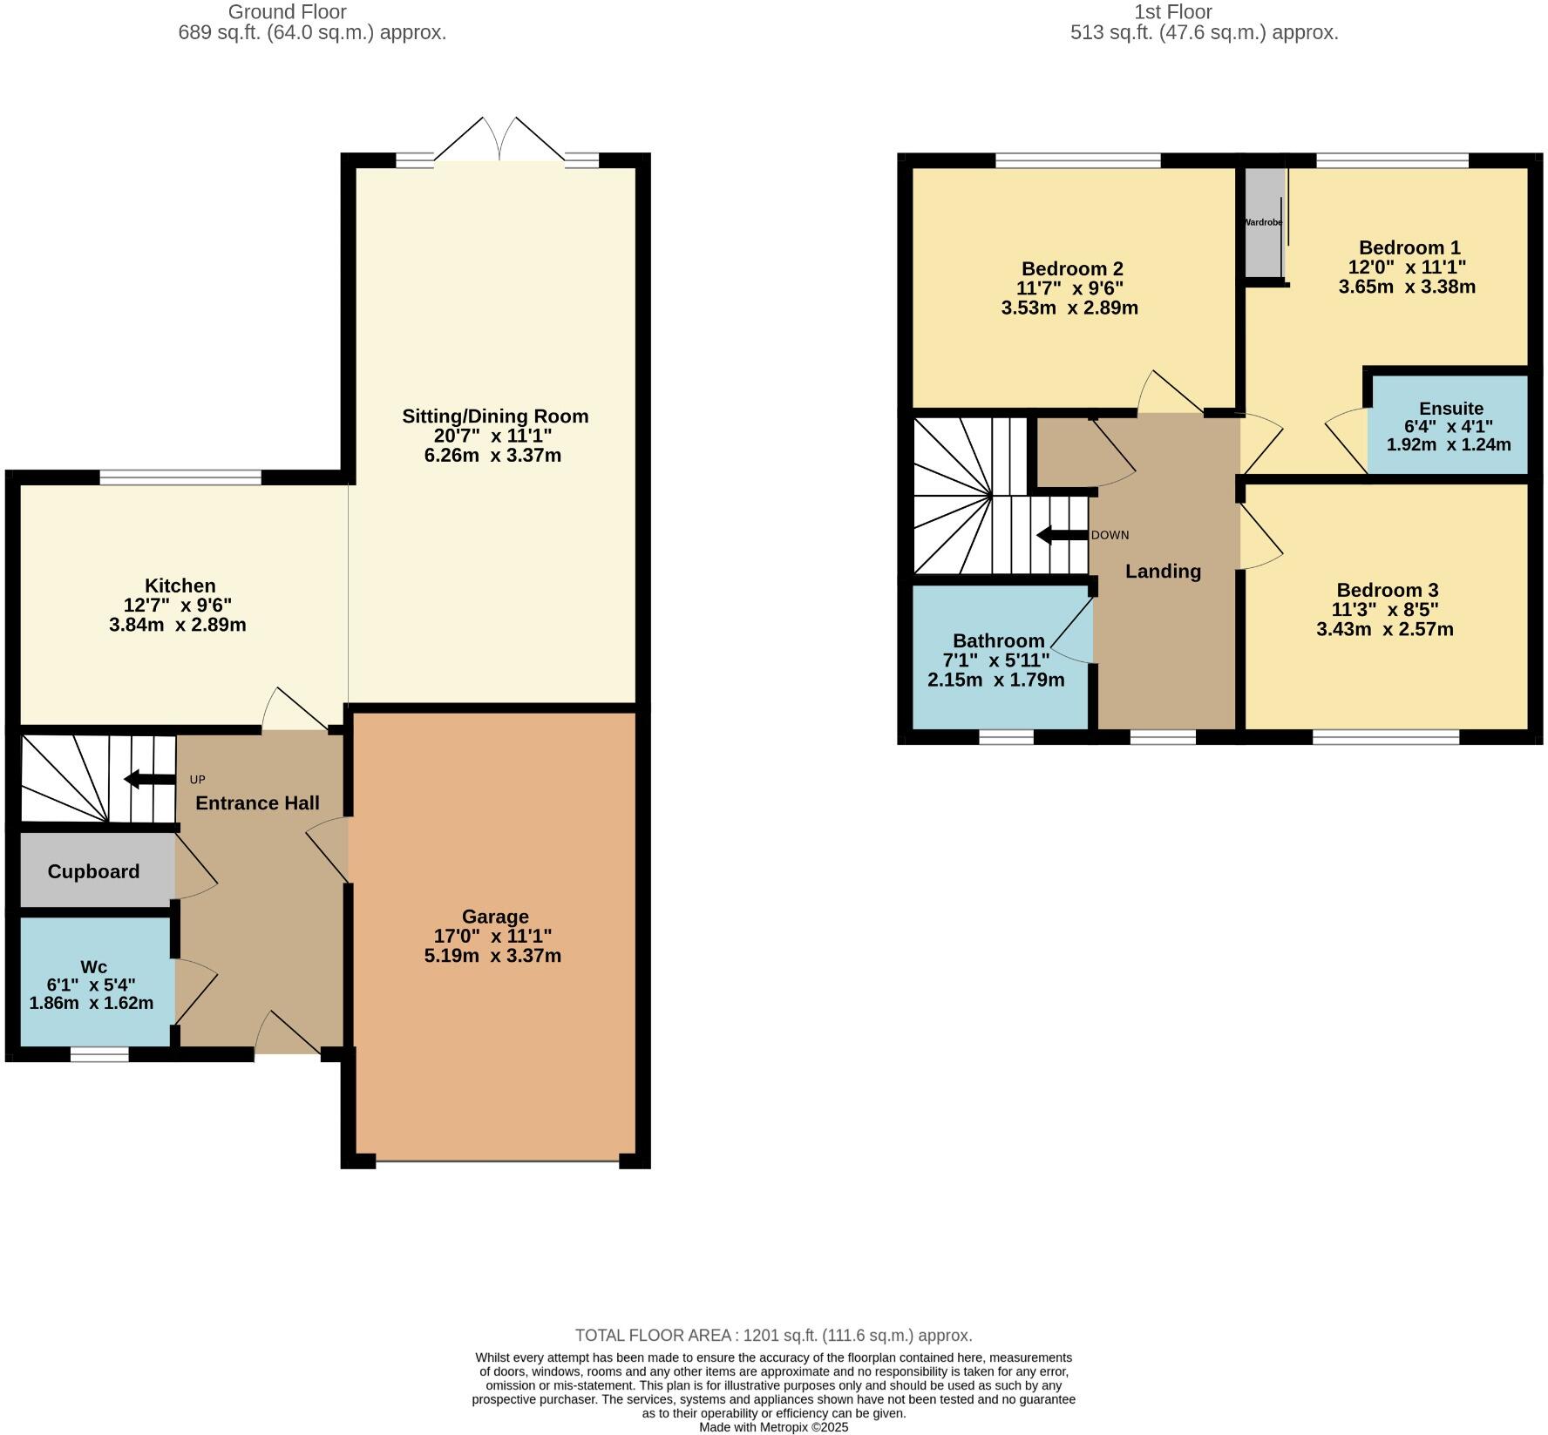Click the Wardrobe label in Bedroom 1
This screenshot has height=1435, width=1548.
coord(1263,223)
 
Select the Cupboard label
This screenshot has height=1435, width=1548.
coord(93,871)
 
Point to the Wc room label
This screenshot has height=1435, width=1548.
coord(93,966)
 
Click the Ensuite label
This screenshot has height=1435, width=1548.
coord(1450,409)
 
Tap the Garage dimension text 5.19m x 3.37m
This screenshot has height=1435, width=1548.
coord(492,956)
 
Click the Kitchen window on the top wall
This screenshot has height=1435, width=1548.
coord(180,477)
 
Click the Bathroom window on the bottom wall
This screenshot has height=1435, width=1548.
coord(1006,738)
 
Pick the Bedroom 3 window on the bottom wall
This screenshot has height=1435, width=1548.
coord(1386,738)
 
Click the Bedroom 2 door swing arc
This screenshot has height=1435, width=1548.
coord(1168,390)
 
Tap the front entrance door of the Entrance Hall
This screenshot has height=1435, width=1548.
coord(288,1033)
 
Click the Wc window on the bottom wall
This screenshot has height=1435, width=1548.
coord(99,1055)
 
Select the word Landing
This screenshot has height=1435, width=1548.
coord(1163,572)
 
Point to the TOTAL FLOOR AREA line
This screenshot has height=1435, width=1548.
coord(773,1335)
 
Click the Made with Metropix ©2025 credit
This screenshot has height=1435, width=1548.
coord(773,1427)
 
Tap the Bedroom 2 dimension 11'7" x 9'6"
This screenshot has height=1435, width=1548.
coord(1069,288)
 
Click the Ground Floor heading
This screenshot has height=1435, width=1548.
coord(287,12)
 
